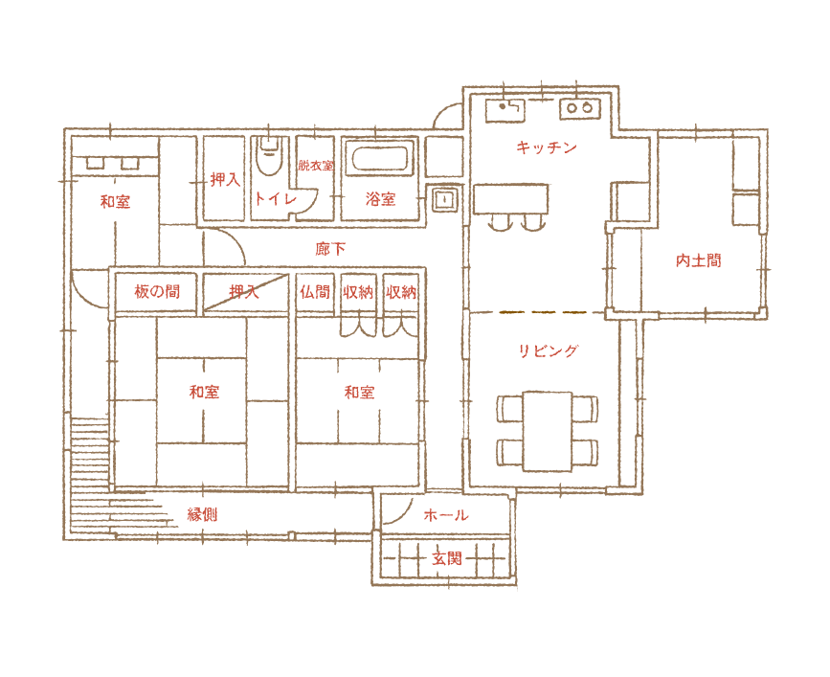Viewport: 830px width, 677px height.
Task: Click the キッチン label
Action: tap(546, 147)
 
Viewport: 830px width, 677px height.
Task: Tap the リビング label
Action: tap(549, 351)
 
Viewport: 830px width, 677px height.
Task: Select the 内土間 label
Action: tap(698, 260)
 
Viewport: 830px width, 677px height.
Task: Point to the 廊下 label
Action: tap(330, 249)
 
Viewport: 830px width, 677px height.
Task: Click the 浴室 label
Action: tap(381, 200)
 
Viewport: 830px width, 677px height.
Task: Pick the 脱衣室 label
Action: tap(315, 166)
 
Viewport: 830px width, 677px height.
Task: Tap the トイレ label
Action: tap(275, 199)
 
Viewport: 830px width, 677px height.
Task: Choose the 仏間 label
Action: tap(314, 292)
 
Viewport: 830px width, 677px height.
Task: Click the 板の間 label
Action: tap(157, 292)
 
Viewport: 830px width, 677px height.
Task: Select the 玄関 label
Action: tap(446, 558)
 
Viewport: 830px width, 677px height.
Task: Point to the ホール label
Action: tap(448, 515)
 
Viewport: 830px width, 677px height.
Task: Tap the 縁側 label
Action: tap(202, 514)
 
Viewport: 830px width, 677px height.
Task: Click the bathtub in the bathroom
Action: tap(380, 159)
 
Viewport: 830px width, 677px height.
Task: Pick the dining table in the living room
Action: tap(548, 431)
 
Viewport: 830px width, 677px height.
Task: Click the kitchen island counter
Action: tap(512, 198)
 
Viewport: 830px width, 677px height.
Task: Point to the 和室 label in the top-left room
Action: tap(115, 202)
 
